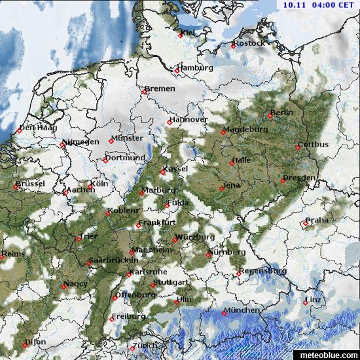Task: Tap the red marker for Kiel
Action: pyautogui.click(x=181, y=35)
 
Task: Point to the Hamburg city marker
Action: pyautogui.click(x=177, y=70)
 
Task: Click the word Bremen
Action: pyautogui.click(x=161, y=88)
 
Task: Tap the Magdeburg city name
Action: pyautogui.click(x=247, y=129)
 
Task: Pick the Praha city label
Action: pyautogui.click(x=318, y=220)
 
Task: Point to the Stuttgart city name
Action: pyautogui.click(x=171, y=282)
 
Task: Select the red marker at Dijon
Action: pyautogui.click(x=26, y=344)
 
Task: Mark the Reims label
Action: pyautogui.click(x=14, y=253)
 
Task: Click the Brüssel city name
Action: pyautogui.click(x=31, y=183)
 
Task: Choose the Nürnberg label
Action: pyautogui.click(x=228, y=251)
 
